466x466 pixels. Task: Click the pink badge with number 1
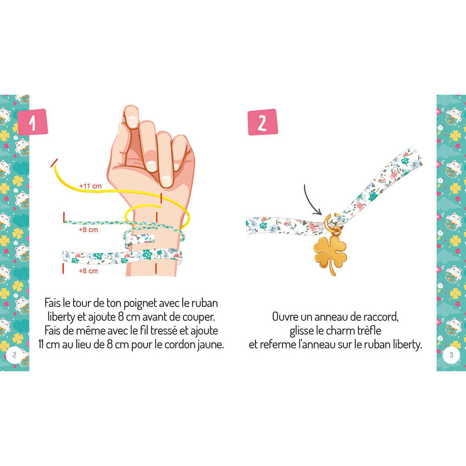[x=32, y=122]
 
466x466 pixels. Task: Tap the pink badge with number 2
[x=262, y=122]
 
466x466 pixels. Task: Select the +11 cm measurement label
[x=90, y=186]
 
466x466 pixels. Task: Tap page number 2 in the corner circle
[x=14, y=355]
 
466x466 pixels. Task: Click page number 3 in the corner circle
[x=451, y=355]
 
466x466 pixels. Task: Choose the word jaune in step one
[x=212, y=344]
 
